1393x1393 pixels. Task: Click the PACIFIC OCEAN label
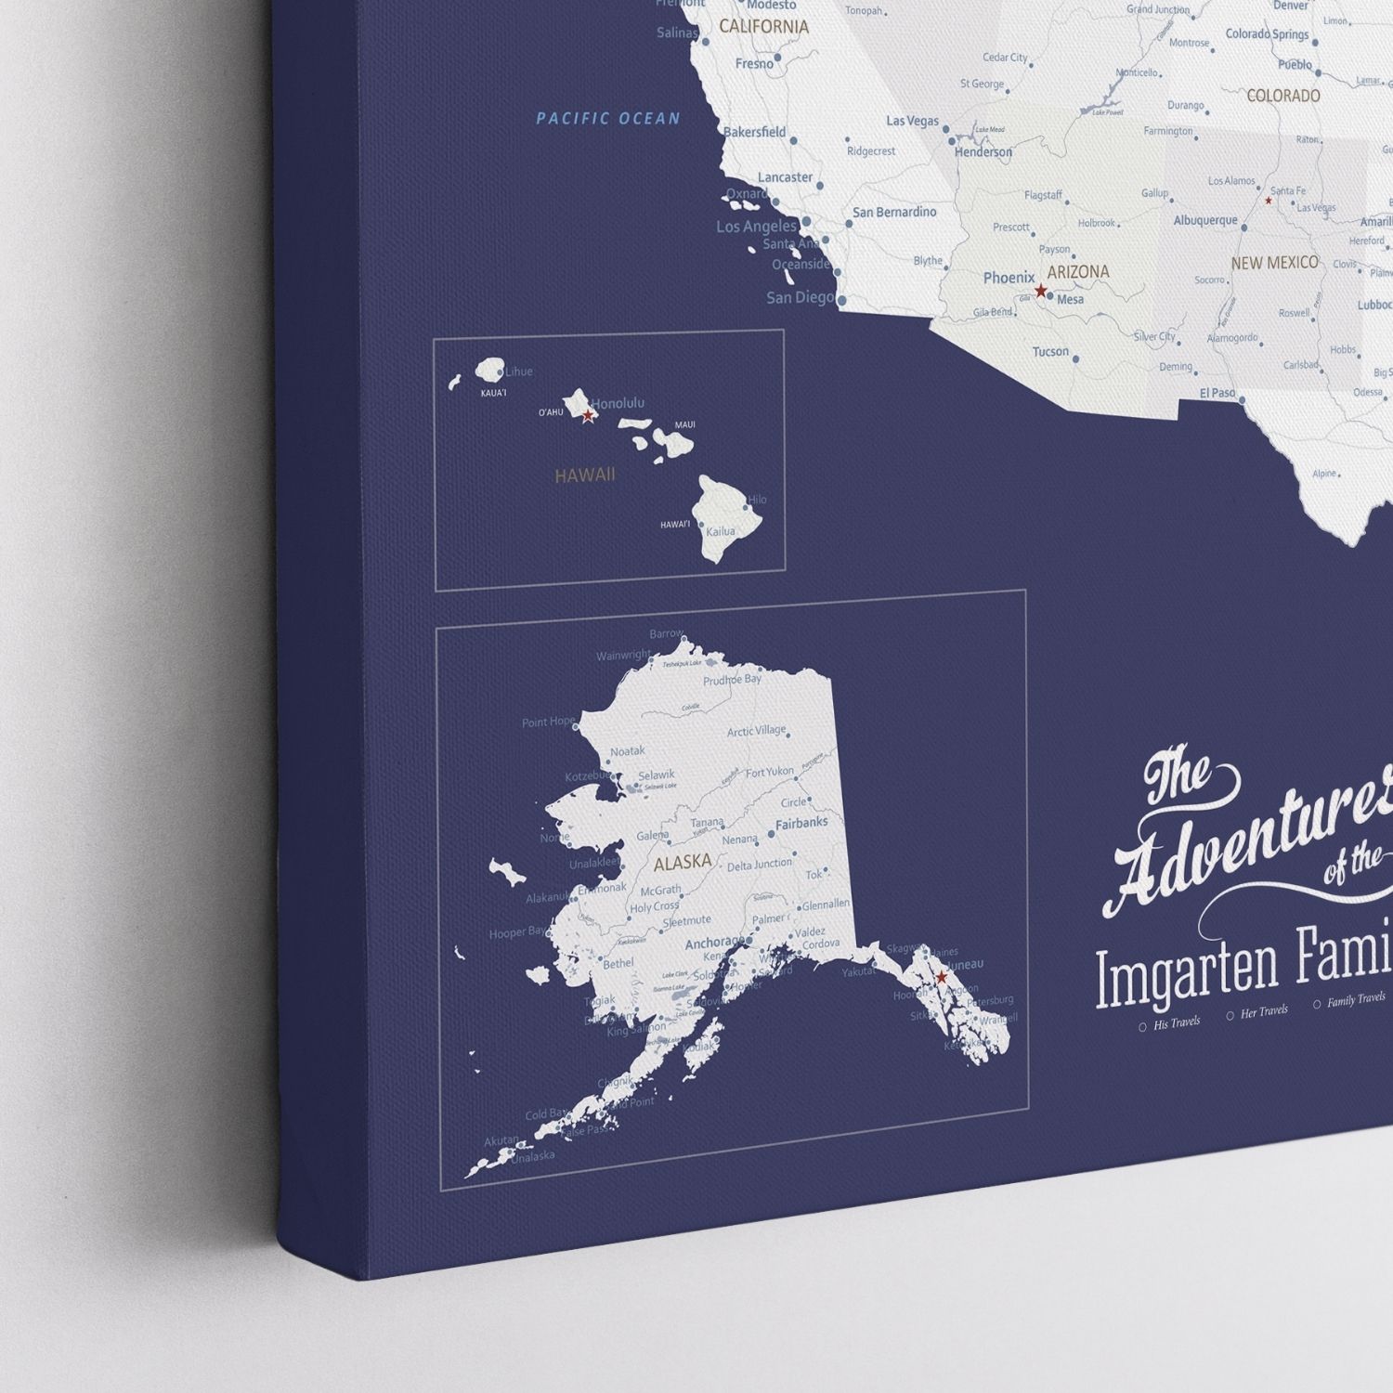point(608,118)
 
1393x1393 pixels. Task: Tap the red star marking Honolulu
point(588,416)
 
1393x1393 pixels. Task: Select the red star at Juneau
point(941,977)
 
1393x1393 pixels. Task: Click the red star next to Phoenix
point(1041,291)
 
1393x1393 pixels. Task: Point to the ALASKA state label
point(683,863)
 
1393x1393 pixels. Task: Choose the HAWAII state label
point(585,475)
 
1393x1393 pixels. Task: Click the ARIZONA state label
point(1078,272)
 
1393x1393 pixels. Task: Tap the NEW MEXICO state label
point(1274,263)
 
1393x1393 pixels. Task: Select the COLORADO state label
point(1282,96)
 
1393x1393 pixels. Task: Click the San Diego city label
point(800,297)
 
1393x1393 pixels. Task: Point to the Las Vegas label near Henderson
point(912,121)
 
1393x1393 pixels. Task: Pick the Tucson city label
point(1050,352)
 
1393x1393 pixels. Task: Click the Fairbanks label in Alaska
point(801,823)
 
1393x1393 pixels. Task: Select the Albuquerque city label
point(1205,221)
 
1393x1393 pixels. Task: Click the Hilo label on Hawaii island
point(757,500)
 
